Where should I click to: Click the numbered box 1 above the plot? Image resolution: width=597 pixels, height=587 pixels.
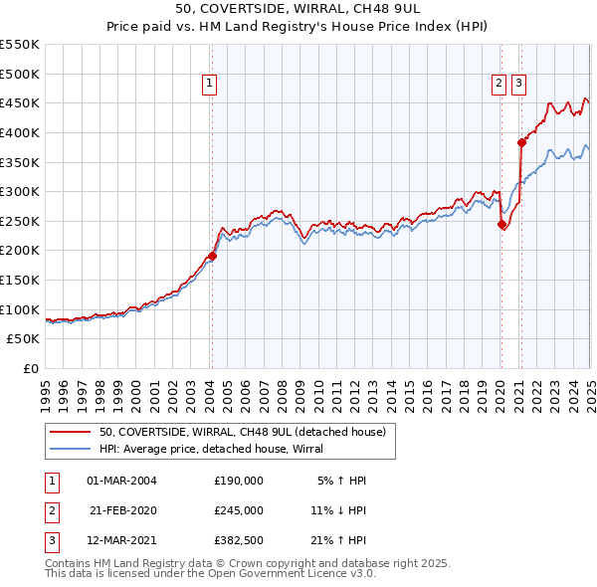pyautogui.click(x=211, y=85)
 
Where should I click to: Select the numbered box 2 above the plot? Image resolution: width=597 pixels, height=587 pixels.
pyautogui.click(x=498, y=85)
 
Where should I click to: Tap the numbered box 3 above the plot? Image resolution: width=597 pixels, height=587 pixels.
pyautogui.click(x=519, y=85)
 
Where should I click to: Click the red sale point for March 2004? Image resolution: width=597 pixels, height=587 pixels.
pyautogui.click(x=212, y=256)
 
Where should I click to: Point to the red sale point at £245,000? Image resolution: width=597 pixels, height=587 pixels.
pyautogui.click(x=500, y=224)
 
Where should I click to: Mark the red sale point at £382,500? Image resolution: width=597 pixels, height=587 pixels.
pyautogui.click(x=520, y=142)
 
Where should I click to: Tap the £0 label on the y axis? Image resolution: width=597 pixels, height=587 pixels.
pyautogui.click(x=30, y=369)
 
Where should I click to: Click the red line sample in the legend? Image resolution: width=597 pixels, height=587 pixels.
pyautogui.click(x=70, y=433)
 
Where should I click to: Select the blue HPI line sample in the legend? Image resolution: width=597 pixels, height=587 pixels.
pyautogui.click(x=70, y=449)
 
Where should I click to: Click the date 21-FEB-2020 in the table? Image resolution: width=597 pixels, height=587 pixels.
pyautogui.click(x=123, y=510)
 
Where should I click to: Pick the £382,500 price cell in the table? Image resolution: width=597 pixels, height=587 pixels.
pyautogui.click(x=239, y=541)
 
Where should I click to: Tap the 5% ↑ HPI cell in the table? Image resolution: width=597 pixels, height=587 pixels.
pyautogui.click(x=342, y=481)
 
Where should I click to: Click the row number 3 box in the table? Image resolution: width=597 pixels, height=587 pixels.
pyautogui.click(x=50, y=541)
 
